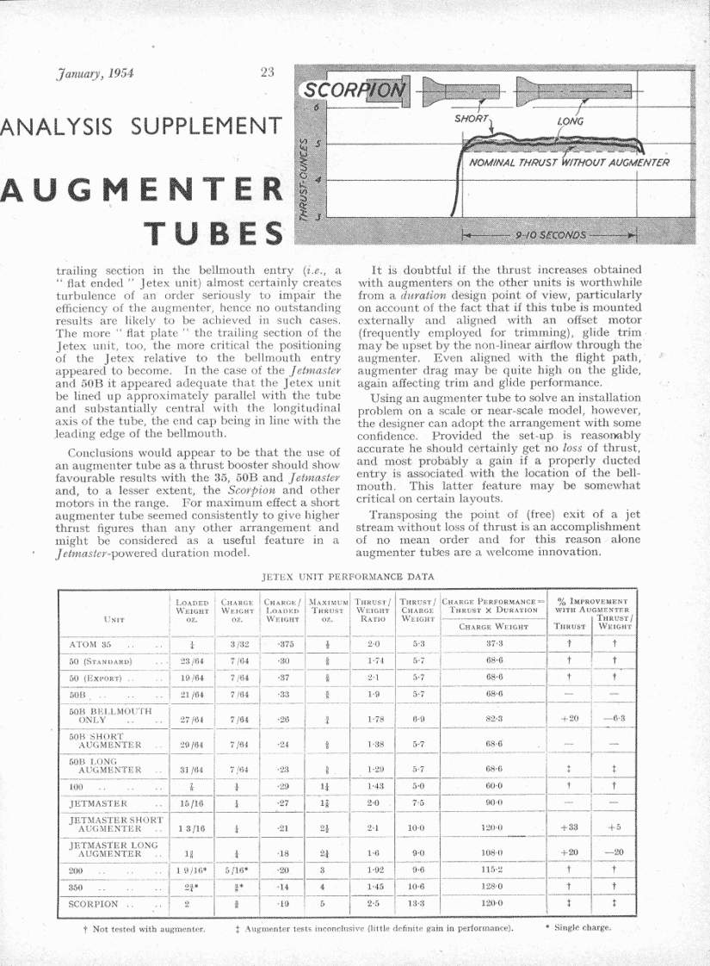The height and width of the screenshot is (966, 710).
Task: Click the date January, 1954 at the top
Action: (x=90, y=74)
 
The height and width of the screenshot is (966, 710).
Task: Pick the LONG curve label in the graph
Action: (x=570, y=121)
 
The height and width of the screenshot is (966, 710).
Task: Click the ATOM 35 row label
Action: (x=90, y=643)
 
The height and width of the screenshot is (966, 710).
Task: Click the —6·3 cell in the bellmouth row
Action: (x=614, y=718)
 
